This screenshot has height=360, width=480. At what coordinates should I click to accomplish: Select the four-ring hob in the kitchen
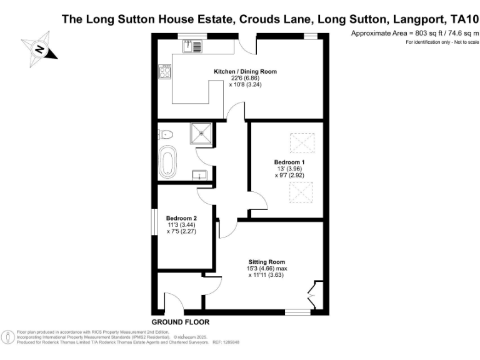[x=166, y=72]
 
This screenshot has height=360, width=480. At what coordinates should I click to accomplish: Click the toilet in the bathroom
[x=166, y=133]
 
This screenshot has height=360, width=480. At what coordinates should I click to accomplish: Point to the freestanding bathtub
[x=168, y=162]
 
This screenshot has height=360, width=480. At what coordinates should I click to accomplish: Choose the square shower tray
[x=202, y=132]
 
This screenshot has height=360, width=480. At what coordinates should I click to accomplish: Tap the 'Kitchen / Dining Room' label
[x=245, y=72]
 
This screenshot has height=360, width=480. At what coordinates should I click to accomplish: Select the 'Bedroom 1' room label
[x=289, y=162]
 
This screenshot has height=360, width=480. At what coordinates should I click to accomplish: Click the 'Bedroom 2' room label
[x=177, y=218]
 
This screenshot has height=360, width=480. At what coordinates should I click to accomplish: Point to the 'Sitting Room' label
[x=267, y=262]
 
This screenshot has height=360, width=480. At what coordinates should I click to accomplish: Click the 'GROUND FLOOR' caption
[x=181, y=322]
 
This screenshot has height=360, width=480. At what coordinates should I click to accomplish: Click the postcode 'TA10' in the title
[x=459, y=19]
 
